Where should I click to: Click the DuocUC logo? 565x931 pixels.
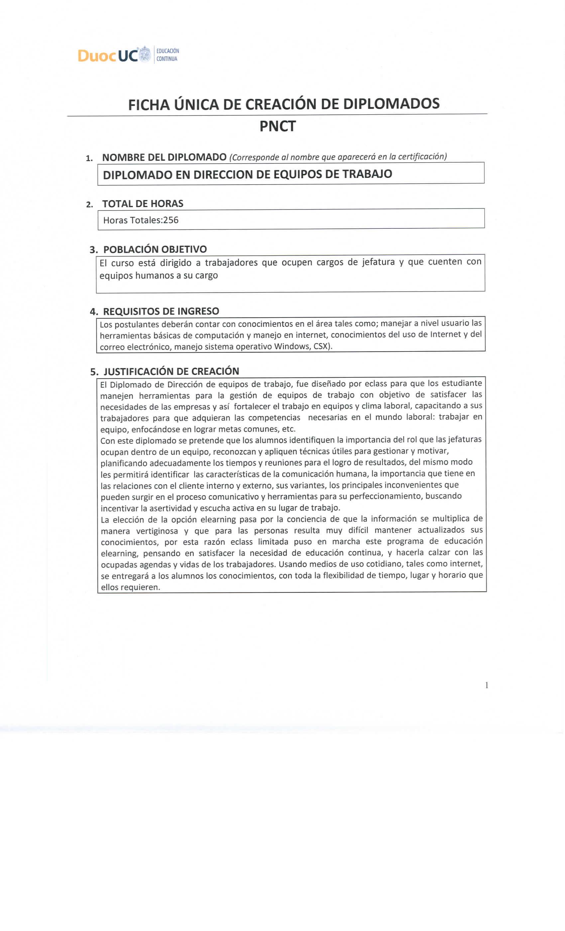113,55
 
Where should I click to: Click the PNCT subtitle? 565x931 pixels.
277,126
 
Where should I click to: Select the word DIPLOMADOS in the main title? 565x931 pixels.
391,104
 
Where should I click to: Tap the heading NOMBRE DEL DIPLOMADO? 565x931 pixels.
164,157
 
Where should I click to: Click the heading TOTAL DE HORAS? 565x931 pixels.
143,203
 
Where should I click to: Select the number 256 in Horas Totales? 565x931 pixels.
171,220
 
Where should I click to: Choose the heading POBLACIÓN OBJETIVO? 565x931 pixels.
155,249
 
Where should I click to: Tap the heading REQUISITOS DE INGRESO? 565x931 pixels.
161,311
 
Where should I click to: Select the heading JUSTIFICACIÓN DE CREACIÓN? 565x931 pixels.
171,371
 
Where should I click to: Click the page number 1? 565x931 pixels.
487,685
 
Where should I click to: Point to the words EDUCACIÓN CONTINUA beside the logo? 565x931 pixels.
167,55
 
